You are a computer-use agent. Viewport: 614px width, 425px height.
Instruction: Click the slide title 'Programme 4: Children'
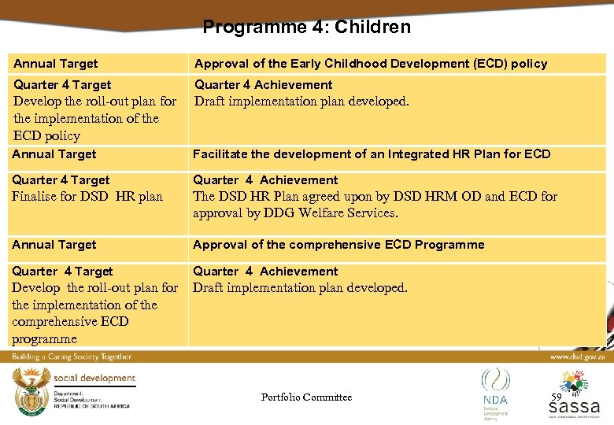[306, 27]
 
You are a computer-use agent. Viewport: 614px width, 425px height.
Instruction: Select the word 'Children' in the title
[372, 27]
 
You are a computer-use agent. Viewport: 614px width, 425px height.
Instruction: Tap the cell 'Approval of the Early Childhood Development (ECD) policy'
[371, 64]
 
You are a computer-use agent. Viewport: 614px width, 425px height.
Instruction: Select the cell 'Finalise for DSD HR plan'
[87, 197]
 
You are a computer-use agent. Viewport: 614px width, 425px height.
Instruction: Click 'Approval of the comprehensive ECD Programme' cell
[338, 245]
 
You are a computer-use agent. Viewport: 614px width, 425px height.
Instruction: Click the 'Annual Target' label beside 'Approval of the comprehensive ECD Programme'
[54, 245]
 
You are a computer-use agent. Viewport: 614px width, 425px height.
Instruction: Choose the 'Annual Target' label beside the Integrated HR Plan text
[54, 154]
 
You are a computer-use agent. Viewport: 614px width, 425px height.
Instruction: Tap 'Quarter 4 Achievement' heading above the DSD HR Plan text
[265, 180]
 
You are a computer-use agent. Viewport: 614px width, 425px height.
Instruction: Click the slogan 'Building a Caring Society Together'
[72, 357]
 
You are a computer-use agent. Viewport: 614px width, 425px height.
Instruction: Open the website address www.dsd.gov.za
[576, 357]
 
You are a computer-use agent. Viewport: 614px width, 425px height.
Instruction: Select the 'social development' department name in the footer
[94, 379]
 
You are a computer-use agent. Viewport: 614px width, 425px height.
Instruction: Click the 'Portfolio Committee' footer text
[306, 397]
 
